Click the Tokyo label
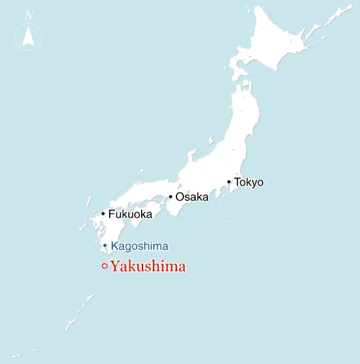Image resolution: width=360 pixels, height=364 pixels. point(248,182)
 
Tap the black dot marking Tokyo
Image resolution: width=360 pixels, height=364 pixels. point(229,181)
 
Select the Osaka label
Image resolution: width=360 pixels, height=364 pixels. point(192,197)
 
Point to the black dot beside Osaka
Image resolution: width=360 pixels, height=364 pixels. point(171,196)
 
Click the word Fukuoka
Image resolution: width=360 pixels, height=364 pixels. point(130,214)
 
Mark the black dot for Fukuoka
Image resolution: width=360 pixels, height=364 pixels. point(103,213)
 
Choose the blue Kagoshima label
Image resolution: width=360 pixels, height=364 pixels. point(139,246)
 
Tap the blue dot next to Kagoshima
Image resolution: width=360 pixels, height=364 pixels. point(105,245)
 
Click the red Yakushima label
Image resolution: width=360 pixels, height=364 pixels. point(148,267)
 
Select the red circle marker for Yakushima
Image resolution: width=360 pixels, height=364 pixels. point(104,267)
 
